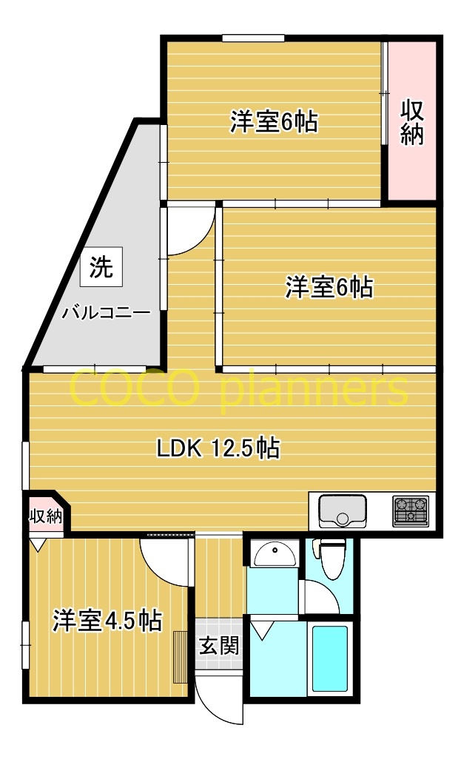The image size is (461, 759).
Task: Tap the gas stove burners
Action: point(411,510)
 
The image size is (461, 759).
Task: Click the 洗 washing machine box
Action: point(101,268)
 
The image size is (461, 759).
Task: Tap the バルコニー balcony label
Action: point(106,312)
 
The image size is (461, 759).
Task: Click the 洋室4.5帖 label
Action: point(107,620)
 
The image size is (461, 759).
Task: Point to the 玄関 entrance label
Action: point(219,645)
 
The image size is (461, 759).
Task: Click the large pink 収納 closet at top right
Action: point(411,121)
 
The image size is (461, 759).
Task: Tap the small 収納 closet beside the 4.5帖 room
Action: point(45,516)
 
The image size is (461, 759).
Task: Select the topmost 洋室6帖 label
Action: point(274,121)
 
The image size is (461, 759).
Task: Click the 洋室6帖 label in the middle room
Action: point(329,286)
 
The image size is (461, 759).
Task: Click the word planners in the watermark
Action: point(314,390)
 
